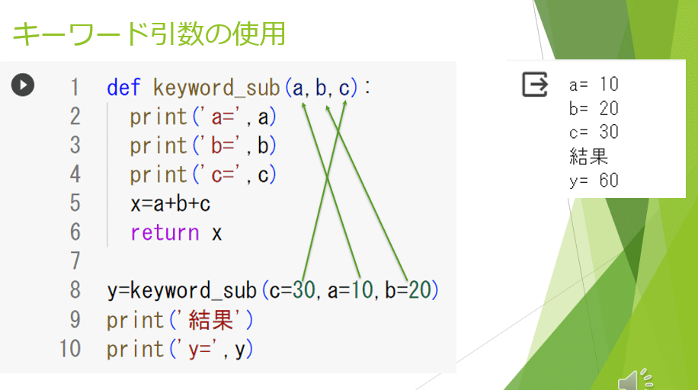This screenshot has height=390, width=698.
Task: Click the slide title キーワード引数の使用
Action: tap(149, 34)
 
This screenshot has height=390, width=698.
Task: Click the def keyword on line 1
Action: tap(125, 88)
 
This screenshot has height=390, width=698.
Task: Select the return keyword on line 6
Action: tap(165, 233)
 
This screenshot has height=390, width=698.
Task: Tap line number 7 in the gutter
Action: tap(74, 262)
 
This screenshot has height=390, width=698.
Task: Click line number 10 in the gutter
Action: tap(69, 349)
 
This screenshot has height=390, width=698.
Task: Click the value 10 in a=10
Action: tap(361, 291)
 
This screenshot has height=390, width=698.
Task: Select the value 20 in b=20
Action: tap(420, 291)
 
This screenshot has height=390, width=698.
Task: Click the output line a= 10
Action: tap(594, 84)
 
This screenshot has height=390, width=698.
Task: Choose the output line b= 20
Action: tap(594, 108)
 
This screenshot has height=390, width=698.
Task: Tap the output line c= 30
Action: tap(594, 132)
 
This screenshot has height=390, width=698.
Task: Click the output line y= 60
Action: tap(594, 181)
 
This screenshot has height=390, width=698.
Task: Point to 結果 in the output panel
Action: tap(589, 156)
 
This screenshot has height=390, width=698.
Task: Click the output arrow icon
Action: tap(535, 84)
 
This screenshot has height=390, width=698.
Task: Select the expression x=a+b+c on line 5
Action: tap(170, 204)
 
